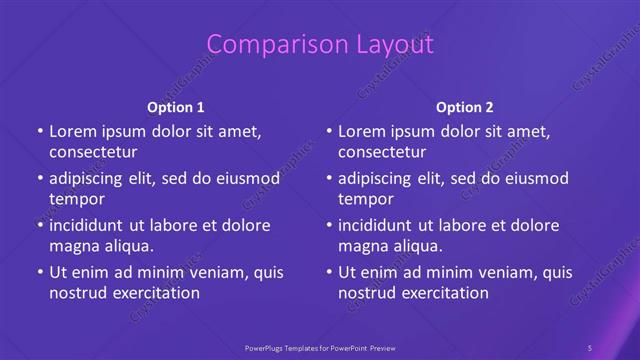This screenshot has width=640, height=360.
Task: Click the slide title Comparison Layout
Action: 320,44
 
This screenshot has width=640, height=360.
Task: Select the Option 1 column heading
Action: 176,107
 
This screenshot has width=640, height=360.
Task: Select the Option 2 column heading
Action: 465,107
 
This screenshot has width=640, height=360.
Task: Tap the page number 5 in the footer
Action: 590,347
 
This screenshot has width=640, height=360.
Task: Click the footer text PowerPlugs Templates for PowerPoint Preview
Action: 320,347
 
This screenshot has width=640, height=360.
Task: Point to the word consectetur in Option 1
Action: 93,152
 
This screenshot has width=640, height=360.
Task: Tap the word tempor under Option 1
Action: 77,199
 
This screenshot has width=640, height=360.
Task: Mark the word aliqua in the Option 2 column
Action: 416,246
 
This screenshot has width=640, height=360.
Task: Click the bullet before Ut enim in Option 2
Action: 328,272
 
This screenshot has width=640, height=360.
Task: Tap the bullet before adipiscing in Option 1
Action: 39,178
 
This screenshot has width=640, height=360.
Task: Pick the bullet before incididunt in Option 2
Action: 328,224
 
